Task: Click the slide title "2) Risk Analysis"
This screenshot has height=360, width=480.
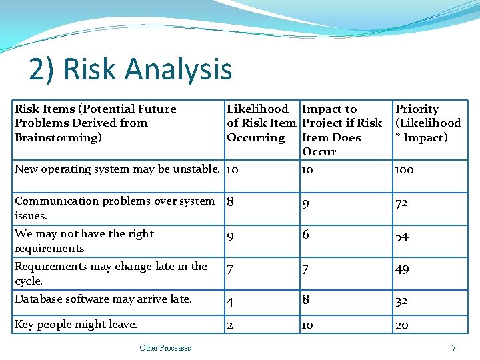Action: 131,69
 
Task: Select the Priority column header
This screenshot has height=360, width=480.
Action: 427,123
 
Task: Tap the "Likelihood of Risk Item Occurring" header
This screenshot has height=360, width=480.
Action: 261,123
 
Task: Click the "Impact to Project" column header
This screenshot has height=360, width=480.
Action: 341,130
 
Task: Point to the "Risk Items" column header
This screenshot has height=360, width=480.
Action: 95,123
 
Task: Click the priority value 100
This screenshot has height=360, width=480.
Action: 404,170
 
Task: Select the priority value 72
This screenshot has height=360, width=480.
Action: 401,203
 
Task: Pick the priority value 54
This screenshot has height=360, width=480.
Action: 401,237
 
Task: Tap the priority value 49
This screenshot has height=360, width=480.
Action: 401,269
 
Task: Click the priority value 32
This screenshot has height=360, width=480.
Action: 401,301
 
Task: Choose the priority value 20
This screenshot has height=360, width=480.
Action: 401,325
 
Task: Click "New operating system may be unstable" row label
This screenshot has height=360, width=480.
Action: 117,169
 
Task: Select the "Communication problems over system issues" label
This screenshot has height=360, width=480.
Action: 114,208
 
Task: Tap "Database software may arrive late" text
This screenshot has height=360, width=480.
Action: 103,299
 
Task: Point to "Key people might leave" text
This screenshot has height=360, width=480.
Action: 76,325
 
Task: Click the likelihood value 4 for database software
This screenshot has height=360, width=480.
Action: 230,301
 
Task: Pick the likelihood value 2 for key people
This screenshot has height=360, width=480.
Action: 230,325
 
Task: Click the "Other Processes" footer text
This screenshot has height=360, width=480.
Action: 165,347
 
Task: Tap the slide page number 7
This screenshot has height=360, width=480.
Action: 453,347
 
